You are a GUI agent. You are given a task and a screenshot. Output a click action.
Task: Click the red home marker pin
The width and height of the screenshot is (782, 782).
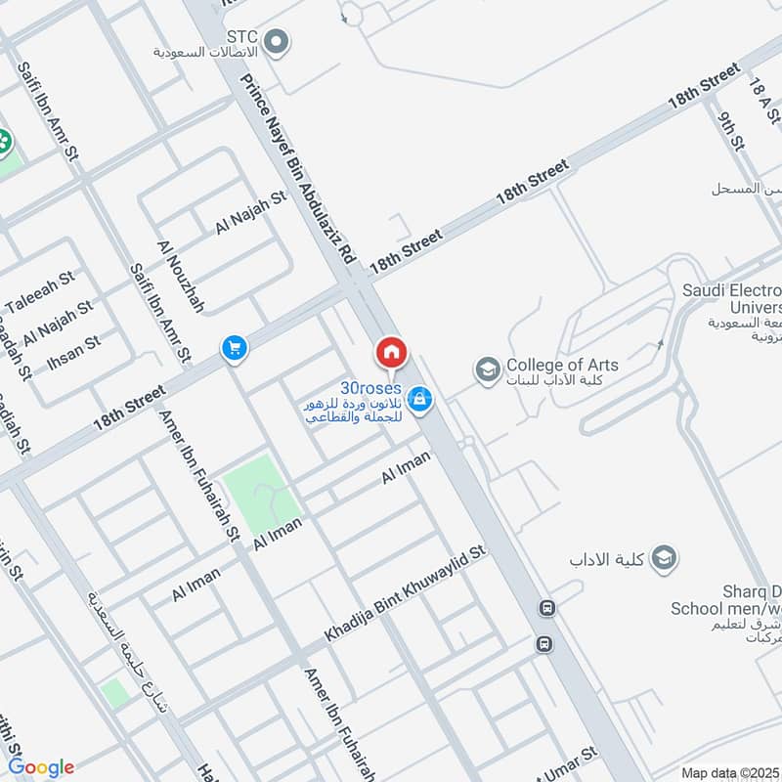coord(391,351)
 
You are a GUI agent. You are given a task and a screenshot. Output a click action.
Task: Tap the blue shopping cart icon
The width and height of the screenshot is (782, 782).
coord(234,347)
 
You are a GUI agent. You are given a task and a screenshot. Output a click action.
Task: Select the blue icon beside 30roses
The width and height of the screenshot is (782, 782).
coord(420,399)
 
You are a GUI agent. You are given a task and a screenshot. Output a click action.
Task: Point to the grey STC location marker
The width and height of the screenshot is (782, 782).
coord(278,41)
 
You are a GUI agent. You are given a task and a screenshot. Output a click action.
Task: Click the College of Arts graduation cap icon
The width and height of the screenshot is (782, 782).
coord(486,369)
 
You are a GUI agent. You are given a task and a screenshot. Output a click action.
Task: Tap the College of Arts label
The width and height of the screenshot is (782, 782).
coord(562,366)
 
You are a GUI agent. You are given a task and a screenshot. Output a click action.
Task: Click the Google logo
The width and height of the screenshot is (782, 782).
coord(41,767)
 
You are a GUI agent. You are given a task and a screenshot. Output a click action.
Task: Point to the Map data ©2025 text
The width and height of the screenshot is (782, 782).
coord(729,772)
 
